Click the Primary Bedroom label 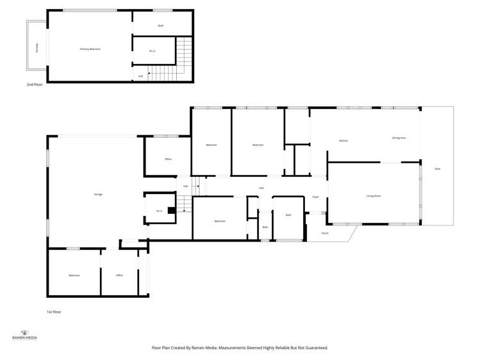(90, 49)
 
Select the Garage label (98, 194)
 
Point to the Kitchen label (343, 140)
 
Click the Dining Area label (399, 138)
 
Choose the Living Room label (374, 195)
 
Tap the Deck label (438, 168)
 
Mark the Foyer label (315, 197)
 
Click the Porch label (325, 233)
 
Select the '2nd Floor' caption (35, 85)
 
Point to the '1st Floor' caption (54, 312)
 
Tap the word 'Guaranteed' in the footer (315, 348)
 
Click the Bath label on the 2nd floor (161, 26)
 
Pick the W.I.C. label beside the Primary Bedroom (153, 51)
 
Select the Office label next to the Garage (168, 159)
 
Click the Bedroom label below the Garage (74, 275)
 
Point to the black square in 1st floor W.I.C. (171, 209)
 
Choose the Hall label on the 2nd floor (140, 76)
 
